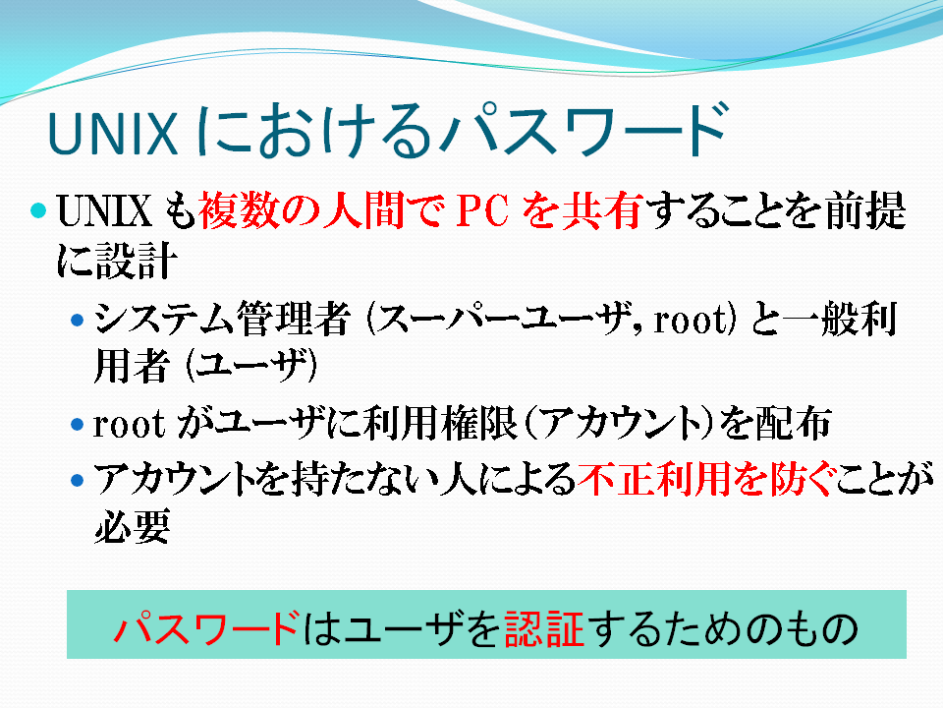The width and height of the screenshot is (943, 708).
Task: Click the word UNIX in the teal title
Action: pos(112,133)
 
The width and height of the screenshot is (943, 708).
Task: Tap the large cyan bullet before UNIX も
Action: pos(38,210)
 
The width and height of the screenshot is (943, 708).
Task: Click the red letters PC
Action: pos(483,210)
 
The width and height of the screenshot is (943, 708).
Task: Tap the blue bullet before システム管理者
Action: pos(77,320)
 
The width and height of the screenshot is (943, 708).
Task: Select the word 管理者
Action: pos(293,319)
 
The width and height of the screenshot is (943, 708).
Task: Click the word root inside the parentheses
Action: pos(690,320)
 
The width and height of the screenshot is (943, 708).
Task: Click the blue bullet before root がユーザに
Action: pos(77,425)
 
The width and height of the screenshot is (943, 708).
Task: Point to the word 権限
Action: pos(479,423)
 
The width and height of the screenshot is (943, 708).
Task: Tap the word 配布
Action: pos(794,423)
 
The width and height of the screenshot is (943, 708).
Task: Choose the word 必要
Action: pos(132,527)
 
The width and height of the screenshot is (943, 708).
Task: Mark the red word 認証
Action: pos(544,628)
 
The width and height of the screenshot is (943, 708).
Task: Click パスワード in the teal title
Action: pos(583,131)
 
